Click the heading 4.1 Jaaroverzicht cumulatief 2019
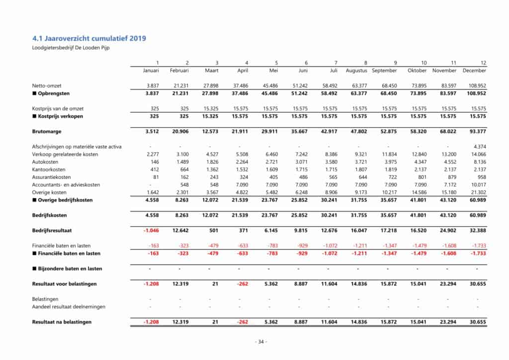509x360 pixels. [89, 38]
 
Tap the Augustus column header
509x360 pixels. [356, 71]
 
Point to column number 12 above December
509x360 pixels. [483, 63]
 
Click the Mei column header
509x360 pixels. [273, 71]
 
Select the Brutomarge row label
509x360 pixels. [46, 131]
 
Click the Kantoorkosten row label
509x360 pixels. [49, 170]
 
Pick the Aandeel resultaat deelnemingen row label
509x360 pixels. [69, 307]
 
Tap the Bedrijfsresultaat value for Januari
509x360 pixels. [151, 230]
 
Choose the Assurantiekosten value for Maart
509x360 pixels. [212, 177]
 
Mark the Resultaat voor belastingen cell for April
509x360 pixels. [241, 283]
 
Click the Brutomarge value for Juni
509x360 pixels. [300, 131]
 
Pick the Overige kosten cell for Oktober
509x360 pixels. [419, 192]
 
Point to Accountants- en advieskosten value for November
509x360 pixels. [449, 185]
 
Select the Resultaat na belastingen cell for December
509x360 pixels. [478, 322]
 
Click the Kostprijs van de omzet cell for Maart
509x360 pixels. [210, 108]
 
